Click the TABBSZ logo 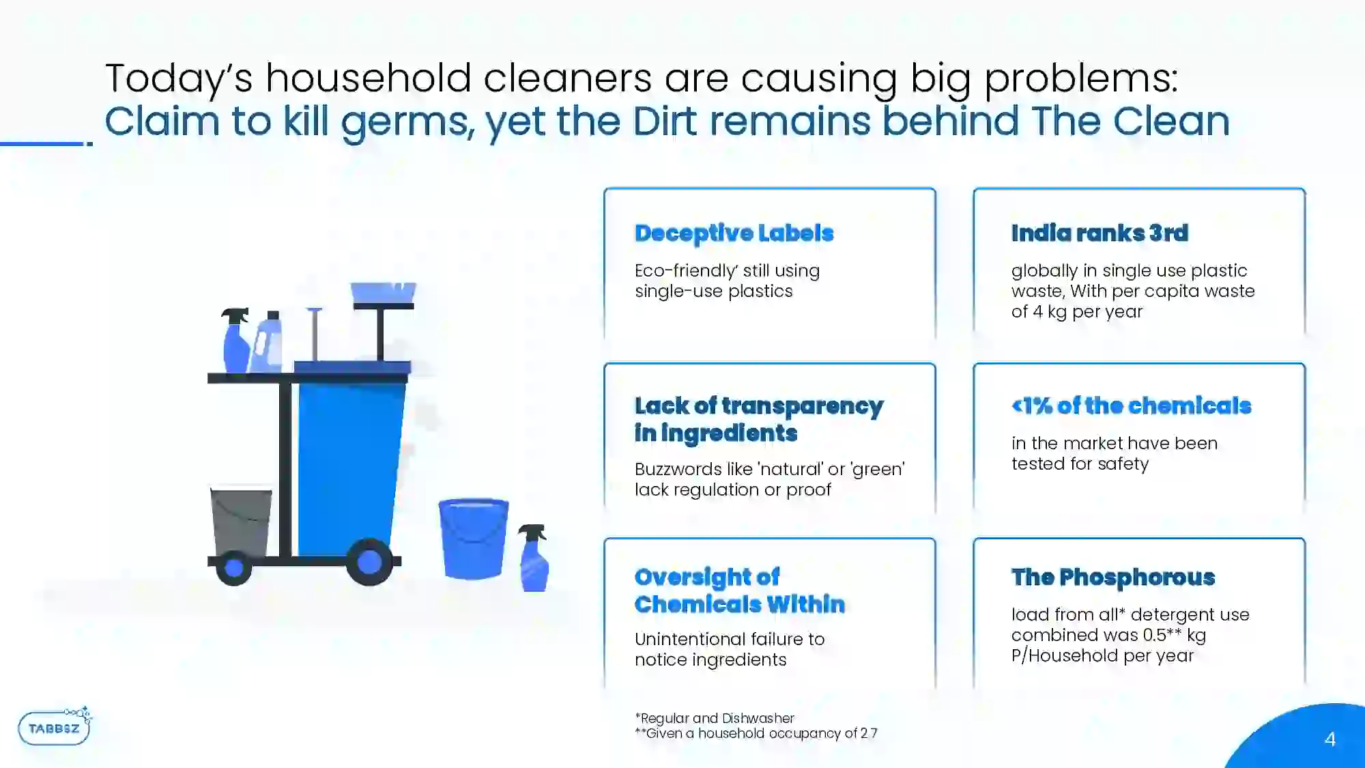coord(55,726)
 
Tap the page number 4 coord(1330,739)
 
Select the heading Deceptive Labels coord(734,233)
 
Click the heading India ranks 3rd coord(1100,233)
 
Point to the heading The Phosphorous coord(1113,578)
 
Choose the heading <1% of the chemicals coord(1131,406)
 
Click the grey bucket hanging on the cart coord(241,522)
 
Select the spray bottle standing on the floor coord(534,558)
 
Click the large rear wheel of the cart coord(369,562)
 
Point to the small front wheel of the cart coord(233,567)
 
